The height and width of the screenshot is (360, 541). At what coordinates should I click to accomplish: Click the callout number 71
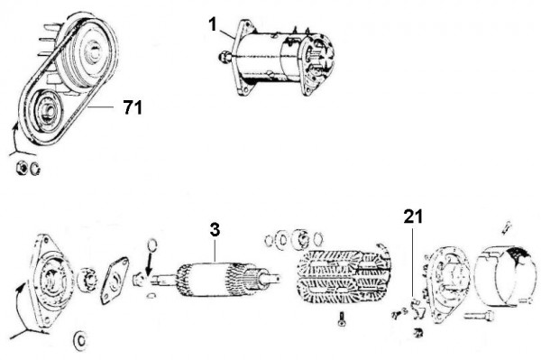tap(132, 108)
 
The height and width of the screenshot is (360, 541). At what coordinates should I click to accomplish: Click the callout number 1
tap(212, 24)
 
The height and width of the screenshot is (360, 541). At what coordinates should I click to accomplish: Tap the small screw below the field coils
tap(342, 317)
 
